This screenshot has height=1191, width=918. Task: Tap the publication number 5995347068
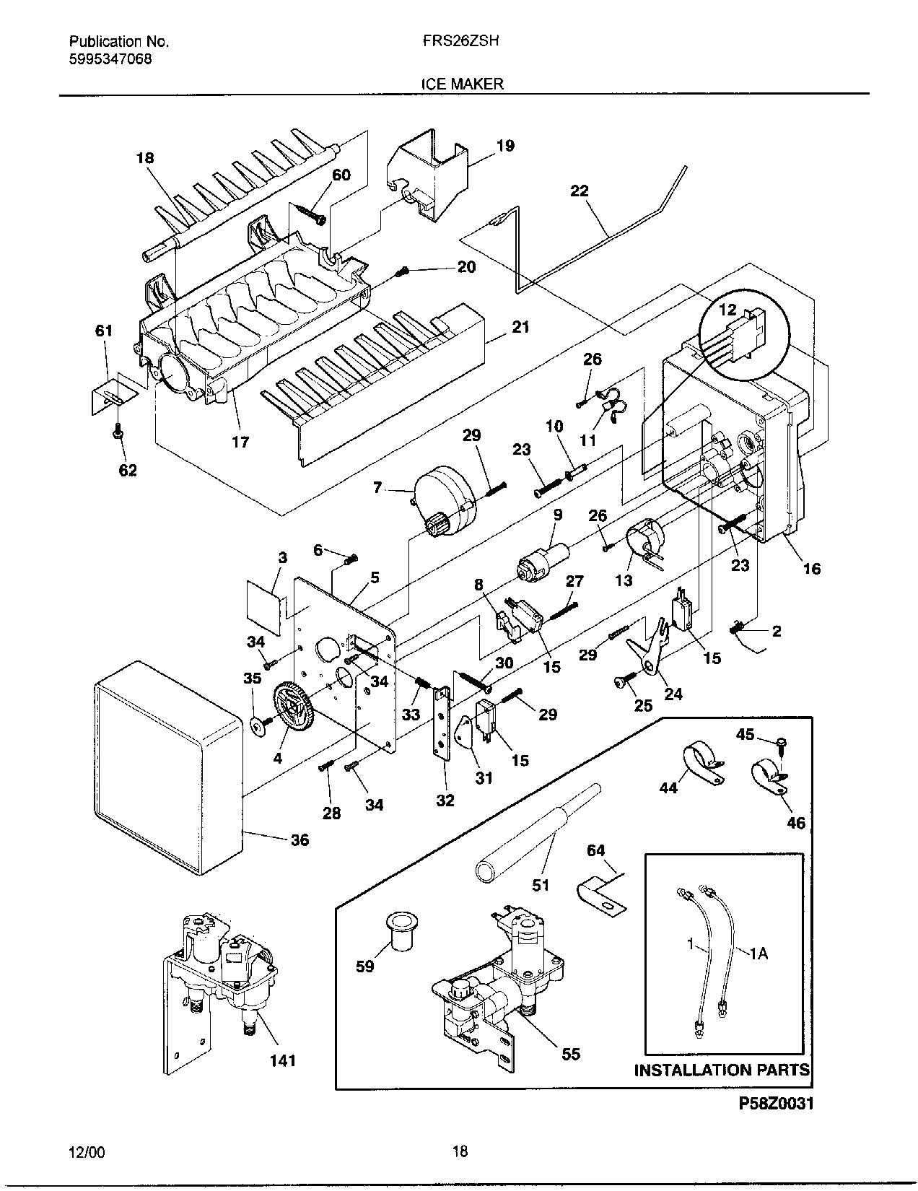pos(110,60)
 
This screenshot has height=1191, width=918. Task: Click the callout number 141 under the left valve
pos(282,1061)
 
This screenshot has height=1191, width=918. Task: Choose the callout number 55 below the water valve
pos(570,1055)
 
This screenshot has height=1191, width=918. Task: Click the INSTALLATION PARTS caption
pos(722,1070)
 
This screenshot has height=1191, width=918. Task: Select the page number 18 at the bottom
pos(459,1151)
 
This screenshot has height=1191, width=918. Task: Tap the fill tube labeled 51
pos(534,830)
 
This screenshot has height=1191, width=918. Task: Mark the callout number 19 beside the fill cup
pos(505,146)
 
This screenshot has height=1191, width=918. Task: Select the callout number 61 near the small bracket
pos(104,331)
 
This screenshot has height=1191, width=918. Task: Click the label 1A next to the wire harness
pos(758,954)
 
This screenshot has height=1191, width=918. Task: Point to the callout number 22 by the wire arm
pos(579,191)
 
